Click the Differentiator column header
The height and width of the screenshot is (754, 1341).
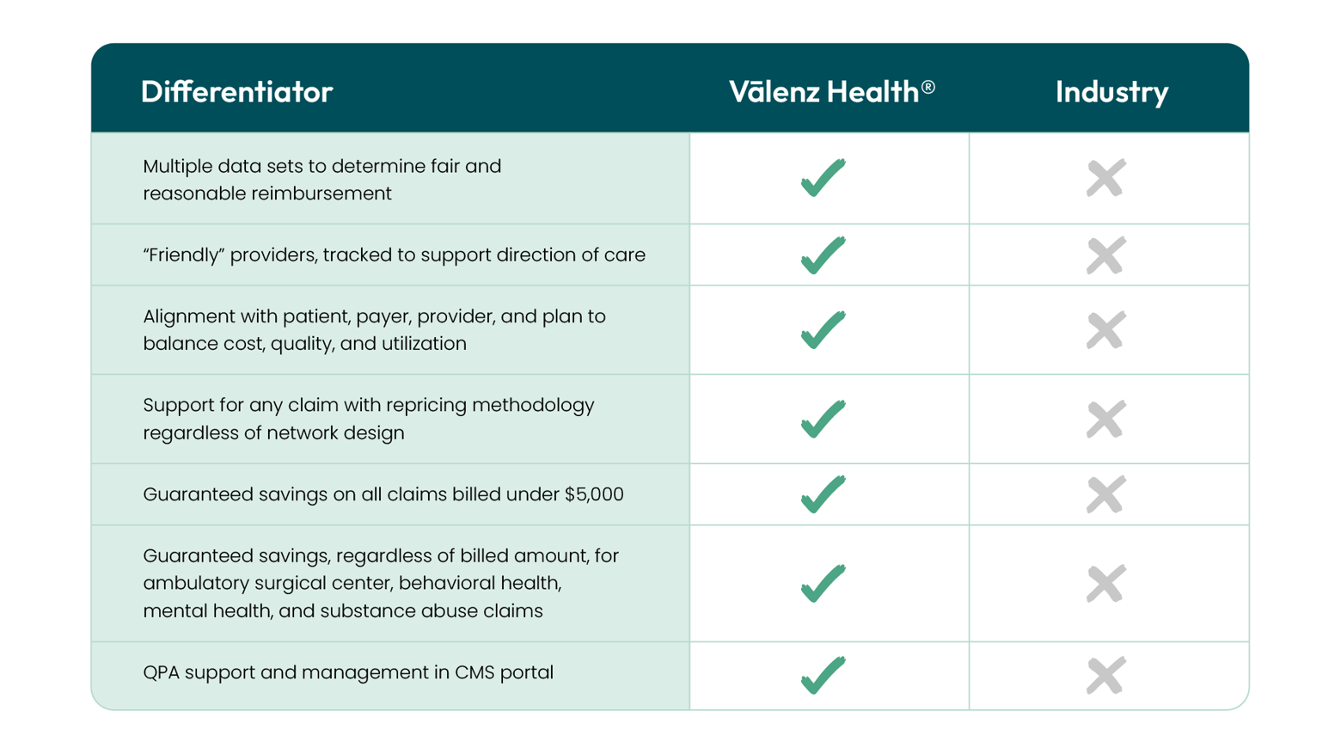236,92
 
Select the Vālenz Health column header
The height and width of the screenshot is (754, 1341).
824,92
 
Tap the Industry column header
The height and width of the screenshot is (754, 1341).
1111,92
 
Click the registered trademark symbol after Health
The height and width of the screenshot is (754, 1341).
928,87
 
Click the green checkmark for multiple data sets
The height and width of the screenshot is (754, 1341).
823,178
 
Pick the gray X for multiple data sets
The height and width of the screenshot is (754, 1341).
1105,178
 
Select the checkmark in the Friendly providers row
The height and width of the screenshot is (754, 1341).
823,255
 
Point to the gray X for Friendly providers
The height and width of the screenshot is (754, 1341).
1105,255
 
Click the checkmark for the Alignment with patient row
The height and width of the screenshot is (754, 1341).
823,330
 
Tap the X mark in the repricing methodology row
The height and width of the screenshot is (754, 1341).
1105,420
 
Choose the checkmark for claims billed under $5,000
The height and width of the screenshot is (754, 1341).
823,494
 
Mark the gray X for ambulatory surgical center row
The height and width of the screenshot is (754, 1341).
1105,584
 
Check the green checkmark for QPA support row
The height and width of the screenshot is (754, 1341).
823,675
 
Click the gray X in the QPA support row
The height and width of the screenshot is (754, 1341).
1105,675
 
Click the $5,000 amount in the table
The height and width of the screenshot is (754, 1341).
594,494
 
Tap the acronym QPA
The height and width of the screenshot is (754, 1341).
161,672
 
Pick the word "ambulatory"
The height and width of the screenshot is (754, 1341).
193,583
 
